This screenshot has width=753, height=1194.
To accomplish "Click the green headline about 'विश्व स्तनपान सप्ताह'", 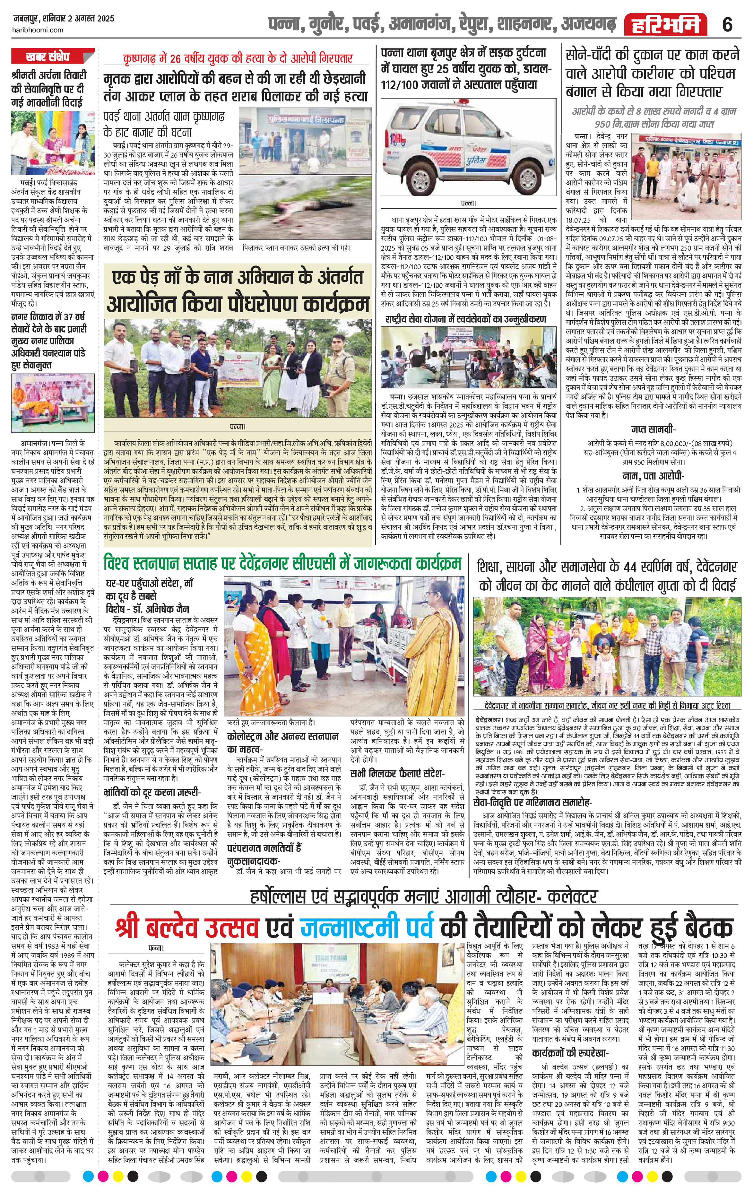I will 282,564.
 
